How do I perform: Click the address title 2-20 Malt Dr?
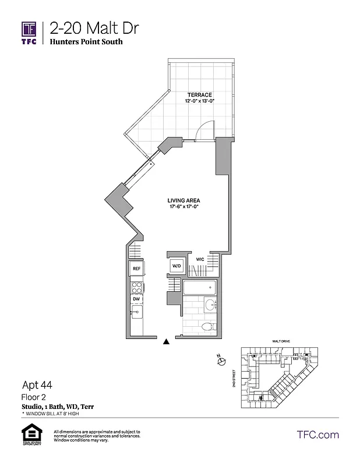[94, 27]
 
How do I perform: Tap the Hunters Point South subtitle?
[86, 42]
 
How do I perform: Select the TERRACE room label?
[199, 95]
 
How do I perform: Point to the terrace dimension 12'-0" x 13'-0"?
[199, 101]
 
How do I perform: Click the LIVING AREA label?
[183, 200]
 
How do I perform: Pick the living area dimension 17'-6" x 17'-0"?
[183, 206]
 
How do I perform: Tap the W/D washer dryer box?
[176, 266]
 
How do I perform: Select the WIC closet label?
[200, 259]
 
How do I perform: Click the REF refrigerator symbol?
[137, 269]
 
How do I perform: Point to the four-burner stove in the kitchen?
[137, 287]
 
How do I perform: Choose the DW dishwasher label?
[137, 299]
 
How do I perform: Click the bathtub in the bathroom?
[199, 288]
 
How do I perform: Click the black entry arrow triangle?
[167, 342]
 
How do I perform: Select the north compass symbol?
[221, 362]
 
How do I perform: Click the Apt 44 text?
[37, 384]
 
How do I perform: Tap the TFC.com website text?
[317, 435]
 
